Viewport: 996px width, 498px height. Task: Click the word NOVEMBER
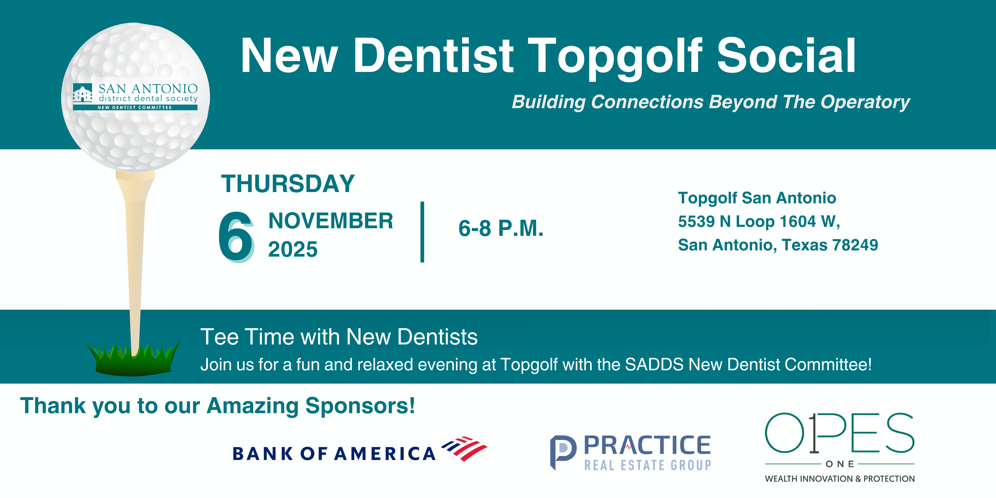[x=331, y=221]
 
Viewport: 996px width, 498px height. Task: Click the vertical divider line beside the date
[x=422, y=232]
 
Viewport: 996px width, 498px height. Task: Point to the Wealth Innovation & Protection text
[x=839, y=479]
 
